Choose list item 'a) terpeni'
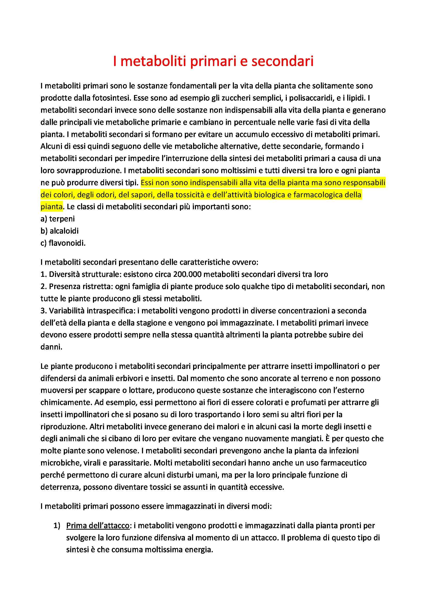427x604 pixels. coord(58,219)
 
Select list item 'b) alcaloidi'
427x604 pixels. coord(59,231)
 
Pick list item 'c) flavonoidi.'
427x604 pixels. coord(63,243)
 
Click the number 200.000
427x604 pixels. coord(187,274)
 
